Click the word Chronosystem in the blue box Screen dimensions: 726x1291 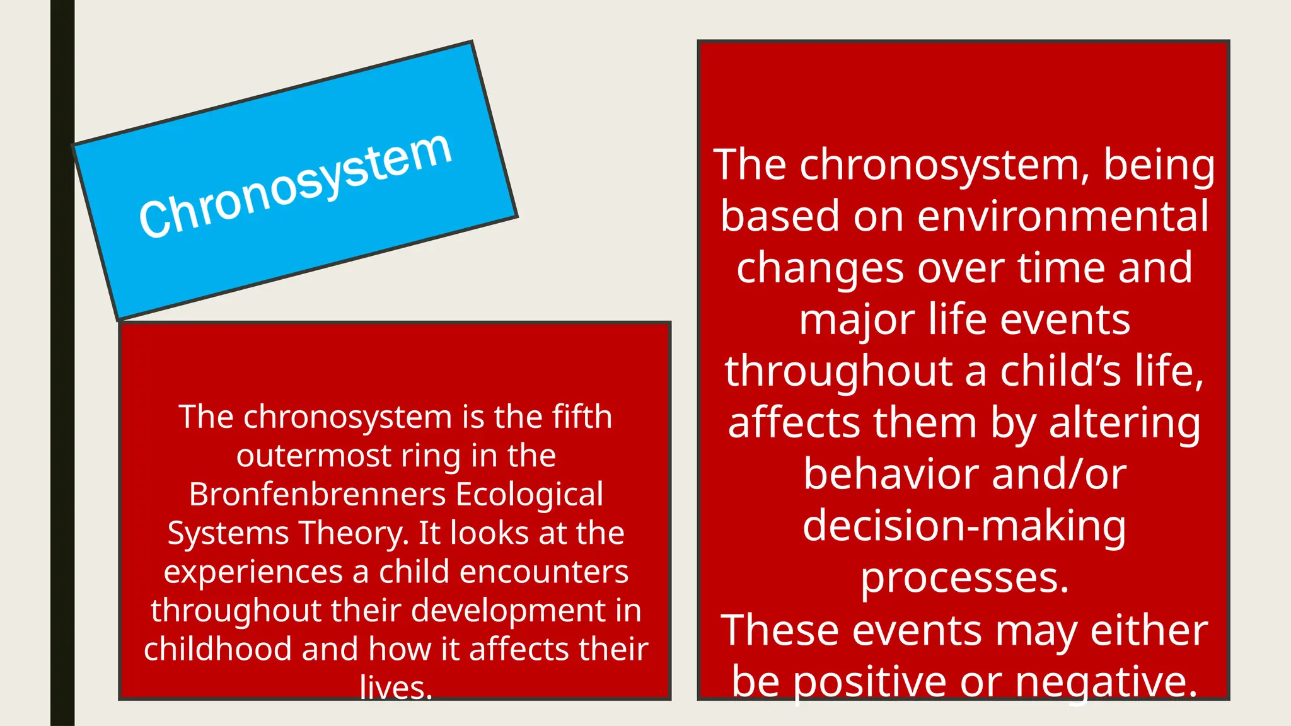[x=295, y=187]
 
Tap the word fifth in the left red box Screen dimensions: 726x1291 [x=582, y=417]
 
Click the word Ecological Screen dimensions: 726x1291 [x=530, y=494]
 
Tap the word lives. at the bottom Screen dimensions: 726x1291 [x=396, y=688]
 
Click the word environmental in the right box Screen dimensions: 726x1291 [x=1063, y=216]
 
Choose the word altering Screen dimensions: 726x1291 [x=1125, y=423]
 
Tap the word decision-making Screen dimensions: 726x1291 [x=964, y=526]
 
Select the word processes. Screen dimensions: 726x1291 [x=964, y=578]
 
